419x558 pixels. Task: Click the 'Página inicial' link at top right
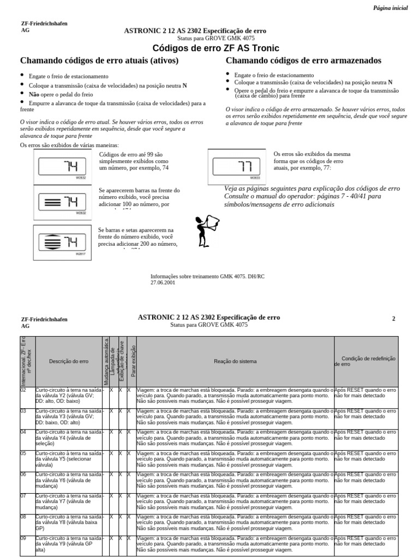pos(390,8)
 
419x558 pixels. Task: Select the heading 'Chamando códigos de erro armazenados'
pos(303,60)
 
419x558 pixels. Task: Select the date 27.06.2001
pos(163,283)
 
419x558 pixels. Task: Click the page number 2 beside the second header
pos(393,319)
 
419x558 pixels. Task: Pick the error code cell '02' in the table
pos(23,390)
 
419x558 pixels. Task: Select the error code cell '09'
pos(23,538)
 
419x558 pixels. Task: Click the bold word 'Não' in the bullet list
pos(25,94)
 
